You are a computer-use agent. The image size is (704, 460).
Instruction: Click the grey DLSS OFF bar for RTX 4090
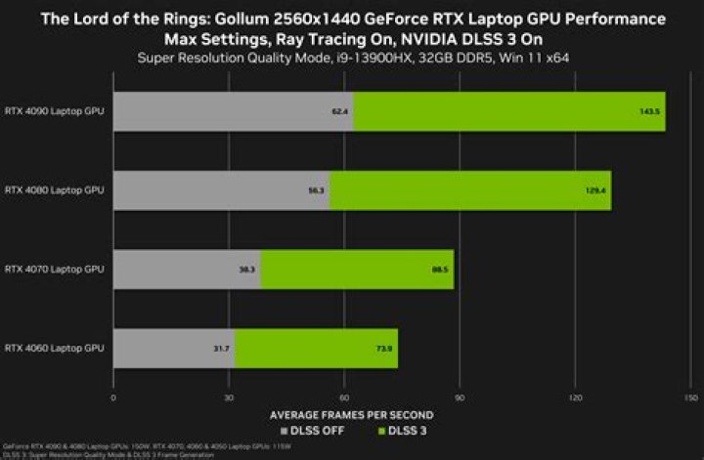coord(233,110)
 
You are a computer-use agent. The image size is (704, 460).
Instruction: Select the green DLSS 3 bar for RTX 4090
coord(508,110)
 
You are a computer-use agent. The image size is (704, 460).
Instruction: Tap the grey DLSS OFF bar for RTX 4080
coord(221,189)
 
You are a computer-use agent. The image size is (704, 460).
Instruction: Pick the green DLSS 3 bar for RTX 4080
coord(469,189)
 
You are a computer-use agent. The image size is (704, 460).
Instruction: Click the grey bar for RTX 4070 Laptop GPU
coord(187,269)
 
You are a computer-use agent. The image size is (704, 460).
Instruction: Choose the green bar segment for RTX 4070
coord(357,269)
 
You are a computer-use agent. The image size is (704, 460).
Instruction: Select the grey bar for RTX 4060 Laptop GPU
coord(174,348)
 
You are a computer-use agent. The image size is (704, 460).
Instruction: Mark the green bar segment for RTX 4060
coord(316,348)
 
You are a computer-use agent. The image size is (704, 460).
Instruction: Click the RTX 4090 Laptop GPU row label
coord(54,110)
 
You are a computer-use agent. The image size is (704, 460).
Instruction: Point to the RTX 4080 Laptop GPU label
coord(54,189)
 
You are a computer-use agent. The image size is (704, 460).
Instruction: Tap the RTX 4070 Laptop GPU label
coord(54,269)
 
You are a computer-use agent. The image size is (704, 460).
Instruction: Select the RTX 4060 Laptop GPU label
coord(54,348)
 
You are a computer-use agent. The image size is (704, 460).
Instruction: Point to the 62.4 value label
coord(340,111)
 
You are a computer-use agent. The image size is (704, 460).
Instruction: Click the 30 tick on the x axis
coord(229,397)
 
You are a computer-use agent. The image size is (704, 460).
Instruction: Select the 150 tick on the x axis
coord(690,397)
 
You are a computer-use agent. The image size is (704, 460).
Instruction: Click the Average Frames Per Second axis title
coord(352,414)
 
